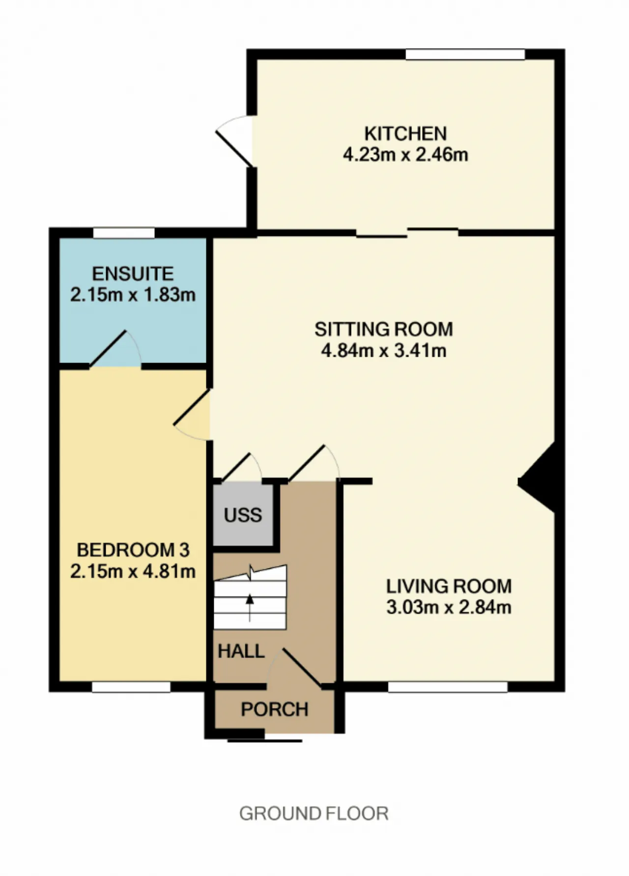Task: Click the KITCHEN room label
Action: (405, 134)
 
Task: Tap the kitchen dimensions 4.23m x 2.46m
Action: (405, 155)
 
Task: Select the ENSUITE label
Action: (133, 274)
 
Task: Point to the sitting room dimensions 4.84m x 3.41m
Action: (383, 351)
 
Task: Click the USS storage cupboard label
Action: (243, 515)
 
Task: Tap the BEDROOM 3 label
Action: (133, 550)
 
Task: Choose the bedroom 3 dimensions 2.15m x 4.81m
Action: (133, 571)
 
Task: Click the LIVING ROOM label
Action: (449, 586)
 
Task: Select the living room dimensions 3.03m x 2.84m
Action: (449, 607)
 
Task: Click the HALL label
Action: (241, 651)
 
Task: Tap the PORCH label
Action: (275, 709)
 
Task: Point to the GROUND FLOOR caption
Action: (314, 814)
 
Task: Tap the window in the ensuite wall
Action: (124, 233)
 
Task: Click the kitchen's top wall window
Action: (465, 55)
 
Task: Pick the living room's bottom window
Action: (448, 687)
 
